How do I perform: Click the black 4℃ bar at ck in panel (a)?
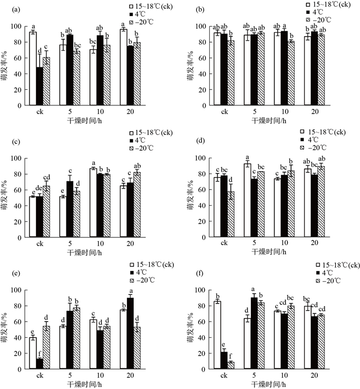pos(40,86)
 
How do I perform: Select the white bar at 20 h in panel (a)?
pos(123,67)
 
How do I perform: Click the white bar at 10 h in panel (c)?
pos(94,202)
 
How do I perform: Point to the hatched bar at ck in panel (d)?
pos(231,214)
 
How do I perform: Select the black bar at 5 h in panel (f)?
pos(254,334)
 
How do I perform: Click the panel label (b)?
pos(200,10)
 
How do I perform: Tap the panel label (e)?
pos(15,273)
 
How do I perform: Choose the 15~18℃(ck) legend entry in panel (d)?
pos(323,132)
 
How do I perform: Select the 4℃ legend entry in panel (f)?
pos(325,273)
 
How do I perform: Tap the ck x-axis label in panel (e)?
pos(40,375)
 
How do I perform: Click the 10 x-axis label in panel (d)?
pos(284,243)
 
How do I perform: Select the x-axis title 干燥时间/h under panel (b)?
pos(269,121)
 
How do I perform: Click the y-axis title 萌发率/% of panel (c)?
pos(4,198)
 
